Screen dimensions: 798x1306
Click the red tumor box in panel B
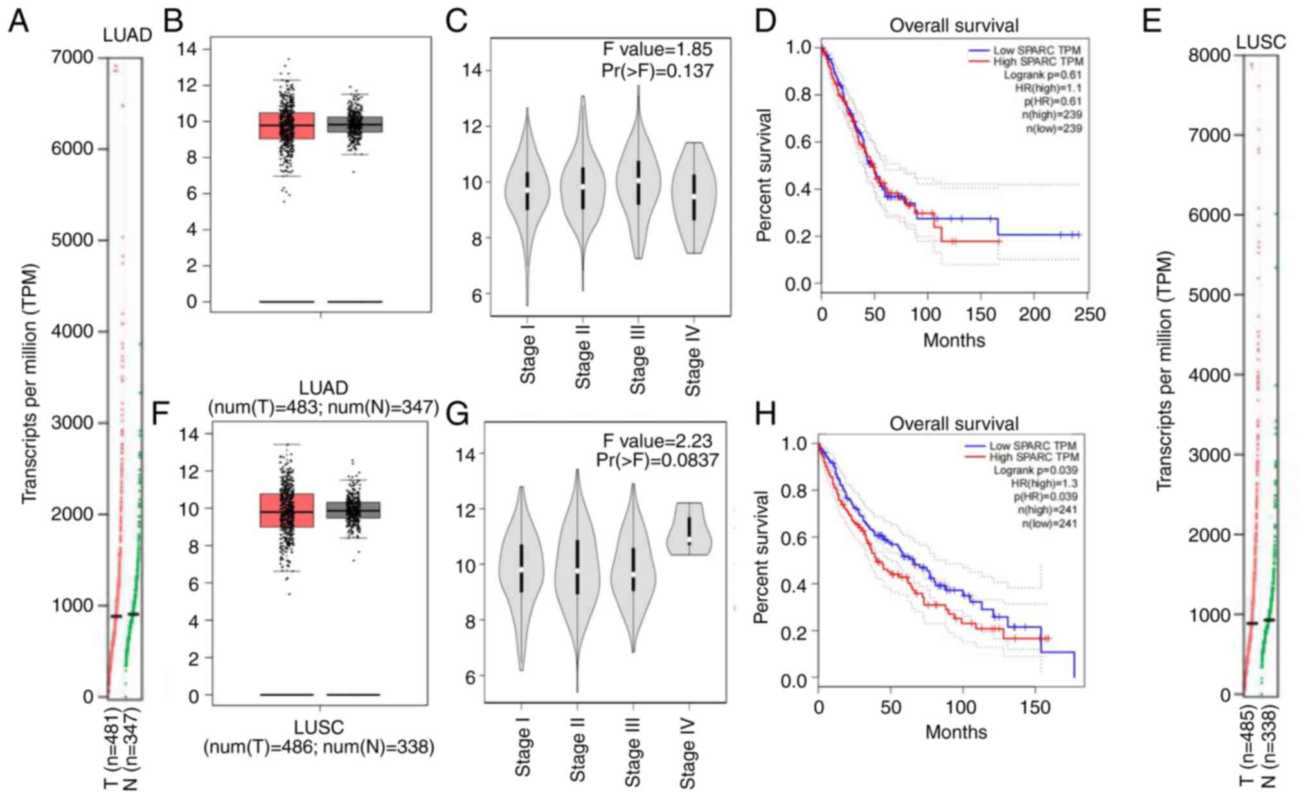(287, 125)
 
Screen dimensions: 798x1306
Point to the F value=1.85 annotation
(657, 49)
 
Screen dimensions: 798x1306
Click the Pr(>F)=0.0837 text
(657, 460)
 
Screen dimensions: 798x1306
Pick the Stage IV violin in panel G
(689, 529)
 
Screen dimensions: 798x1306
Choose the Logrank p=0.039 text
(1035, 470)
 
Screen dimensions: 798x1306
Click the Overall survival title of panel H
(954, 423)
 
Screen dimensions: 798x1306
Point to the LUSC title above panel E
(1261, 42)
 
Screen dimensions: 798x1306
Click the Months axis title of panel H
(956, 732)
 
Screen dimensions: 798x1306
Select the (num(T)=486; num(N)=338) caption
(319, 747)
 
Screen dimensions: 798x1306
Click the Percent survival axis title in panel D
(764, 175)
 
